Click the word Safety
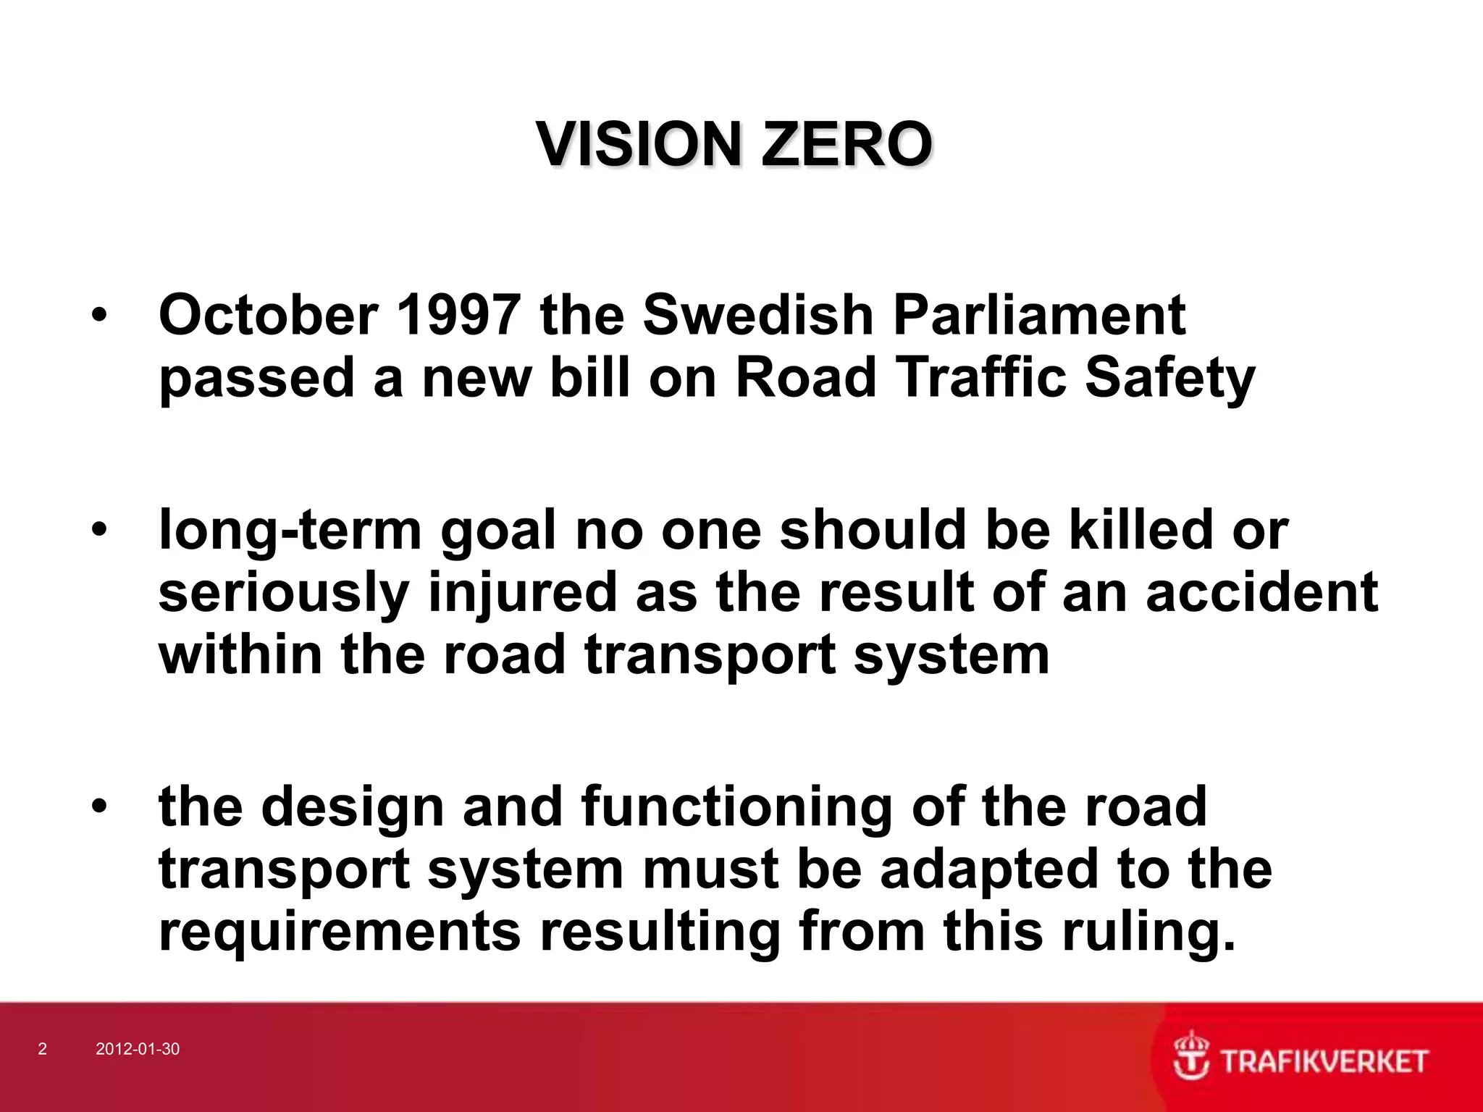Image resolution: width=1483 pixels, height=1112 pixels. (1169, 379)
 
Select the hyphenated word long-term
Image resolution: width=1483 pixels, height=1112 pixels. (290, 531)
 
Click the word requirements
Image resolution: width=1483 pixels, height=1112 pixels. (340, 932)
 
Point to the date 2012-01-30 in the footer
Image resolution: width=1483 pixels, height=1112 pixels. (138, 1049)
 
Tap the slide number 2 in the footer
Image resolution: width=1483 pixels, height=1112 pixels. (42, 1049)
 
